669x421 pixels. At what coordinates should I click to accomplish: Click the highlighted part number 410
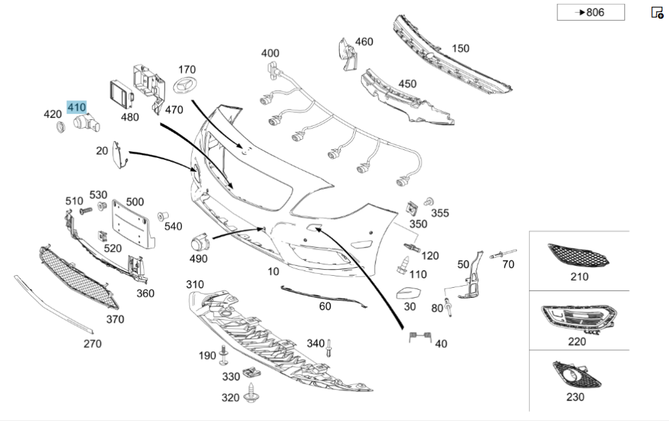(76, 107)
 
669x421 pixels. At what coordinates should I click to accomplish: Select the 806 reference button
(591, 12)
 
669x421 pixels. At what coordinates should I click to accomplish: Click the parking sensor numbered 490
(200, 243)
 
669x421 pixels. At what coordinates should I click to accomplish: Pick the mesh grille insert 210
(578, 256)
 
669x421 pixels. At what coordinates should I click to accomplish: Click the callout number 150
(460, 48)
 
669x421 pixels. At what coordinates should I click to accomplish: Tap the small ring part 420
(60, 127)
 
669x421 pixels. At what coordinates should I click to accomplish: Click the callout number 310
(195, 284)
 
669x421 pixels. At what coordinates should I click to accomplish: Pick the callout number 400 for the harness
(270, 53)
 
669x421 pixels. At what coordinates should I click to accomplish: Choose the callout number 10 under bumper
(273, 271)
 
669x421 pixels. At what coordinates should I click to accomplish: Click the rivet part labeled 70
(498, 254)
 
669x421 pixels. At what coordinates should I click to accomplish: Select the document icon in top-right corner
(657, 12)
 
